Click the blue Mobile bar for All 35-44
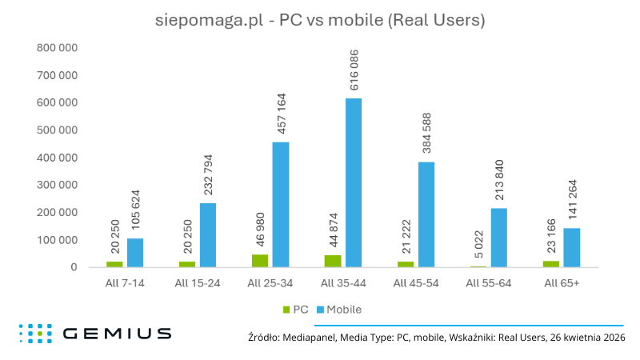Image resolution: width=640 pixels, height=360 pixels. pos(353,182)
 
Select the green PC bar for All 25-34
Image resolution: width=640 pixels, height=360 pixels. pos(259,261)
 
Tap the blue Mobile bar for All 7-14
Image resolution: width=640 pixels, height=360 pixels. pos(135,253)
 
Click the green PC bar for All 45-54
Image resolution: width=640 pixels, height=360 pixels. pos(405,264)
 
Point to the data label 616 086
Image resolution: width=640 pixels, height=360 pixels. pos(354,70)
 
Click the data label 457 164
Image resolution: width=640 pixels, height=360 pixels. pos(281,114)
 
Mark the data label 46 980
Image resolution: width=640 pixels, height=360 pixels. pos(259,230)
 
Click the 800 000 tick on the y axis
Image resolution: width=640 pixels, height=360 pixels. pos(57,48)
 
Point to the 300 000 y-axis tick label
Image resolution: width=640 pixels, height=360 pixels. pos(57,185)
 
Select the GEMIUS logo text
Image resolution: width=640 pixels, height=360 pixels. pos(116,333)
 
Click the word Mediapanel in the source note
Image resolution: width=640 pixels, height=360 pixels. pos(307,338)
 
